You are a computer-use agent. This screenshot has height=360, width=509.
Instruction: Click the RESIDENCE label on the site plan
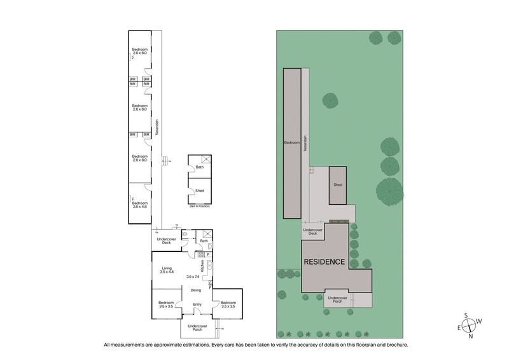[324, 261]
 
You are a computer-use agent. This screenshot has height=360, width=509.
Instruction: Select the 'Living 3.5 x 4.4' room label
[167, 270]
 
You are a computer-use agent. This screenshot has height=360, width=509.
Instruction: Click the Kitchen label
[203, 267]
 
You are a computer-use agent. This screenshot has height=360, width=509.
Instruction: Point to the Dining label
[197, 290]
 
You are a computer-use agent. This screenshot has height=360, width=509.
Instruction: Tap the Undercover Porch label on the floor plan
[197, 328]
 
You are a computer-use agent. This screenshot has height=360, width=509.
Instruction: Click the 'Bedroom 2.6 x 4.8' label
[140, 205]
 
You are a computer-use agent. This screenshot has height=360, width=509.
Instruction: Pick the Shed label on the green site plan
[338, 184]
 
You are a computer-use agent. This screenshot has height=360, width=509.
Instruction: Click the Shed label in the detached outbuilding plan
[199, 190]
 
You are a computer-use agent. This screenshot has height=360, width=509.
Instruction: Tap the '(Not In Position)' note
[199, 207]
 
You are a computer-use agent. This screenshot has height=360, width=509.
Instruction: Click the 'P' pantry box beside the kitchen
[207, 255]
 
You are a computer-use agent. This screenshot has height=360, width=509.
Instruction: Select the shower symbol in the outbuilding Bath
[205, 160]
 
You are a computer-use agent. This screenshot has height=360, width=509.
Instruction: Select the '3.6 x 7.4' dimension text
[193, 277]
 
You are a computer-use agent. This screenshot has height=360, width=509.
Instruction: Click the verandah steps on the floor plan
[165, 162]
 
